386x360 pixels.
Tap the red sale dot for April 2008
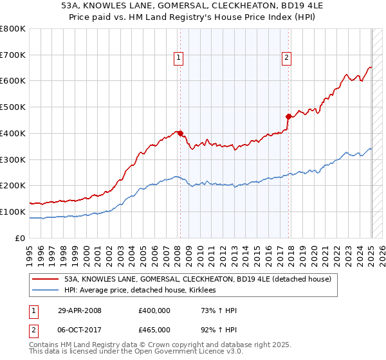pyautogui.click(x=180, y=133)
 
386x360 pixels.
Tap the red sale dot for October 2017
pyautogui.click(x=288, y=116)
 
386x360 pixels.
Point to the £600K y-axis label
pyautogui.click(x=13, y=81)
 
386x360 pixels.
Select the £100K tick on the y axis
pyautogui.click(x=13, y=212)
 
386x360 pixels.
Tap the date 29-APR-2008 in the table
pyautogui.click(x=79, y=310)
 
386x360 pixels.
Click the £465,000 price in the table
pyautogui.click(x=154, y=328)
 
